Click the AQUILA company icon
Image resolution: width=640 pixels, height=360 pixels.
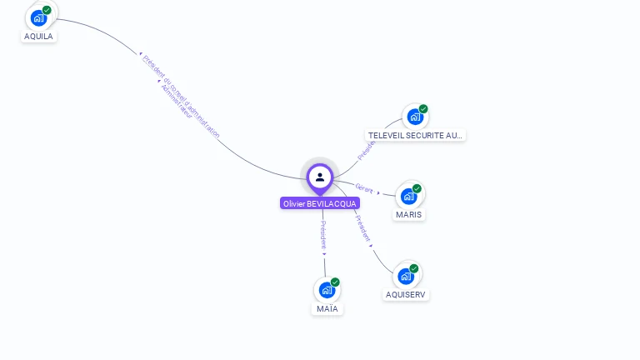pos(38,18)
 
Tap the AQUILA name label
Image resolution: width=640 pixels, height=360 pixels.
pos(38,37)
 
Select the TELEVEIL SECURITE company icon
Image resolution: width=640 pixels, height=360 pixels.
pos(414,117)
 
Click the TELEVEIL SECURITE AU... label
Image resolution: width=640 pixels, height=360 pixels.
pos(416,135)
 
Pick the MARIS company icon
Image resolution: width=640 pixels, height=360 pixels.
pos(408,197)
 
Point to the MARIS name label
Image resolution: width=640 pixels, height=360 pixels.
pos(409,214)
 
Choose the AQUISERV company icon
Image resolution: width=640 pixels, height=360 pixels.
pos(406,276)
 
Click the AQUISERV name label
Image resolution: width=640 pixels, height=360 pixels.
pos(407,294)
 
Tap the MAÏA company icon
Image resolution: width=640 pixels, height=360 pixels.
pos(327,291)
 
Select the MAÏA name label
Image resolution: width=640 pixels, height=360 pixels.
pos(327,309)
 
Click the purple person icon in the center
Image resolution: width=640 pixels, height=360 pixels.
pos(320,177)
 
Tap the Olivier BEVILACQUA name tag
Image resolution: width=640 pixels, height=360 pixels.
pos(320,203)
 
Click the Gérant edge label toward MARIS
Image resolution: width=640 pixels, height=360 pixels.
pos(364,187)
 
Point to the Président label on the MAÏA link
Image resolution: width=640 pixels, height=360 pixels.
pos(323,234)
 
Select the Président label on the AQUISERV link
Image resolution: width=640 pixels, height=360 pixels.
pos(362,227)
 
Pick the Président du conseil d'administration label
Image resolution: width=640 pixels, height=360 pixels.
pos(182,96)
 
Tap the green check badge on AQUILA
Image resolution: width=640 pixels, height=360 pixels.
pos(47,10)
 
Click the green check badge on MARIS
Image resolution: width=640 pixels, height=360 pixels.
pos(417,188)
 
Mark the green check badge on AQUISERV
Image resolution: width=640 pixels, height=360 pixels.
pos(415,267)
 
